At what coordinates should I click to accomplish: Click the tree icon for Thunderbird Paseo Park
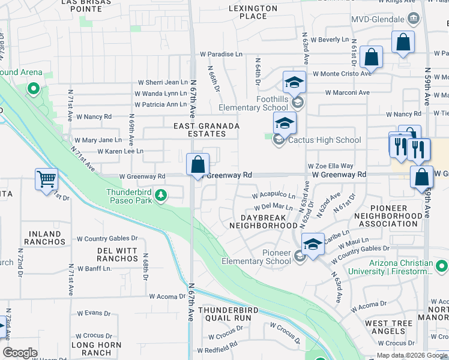161,195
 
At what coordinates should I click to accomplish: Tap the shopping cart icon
46,178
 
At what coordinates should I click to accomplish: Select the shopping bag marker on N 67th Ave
197,164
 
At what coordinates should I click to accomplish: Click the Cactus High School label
324,140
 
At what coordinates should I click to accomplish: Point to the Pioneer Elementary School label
256,257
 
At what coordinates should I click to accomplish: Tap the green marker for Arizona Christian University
442,265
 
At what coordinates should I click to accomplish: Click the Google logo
20,353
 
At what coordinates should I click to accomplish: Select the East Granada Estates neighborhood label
206,130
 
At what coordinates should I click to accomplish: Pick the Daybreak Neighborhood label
261,221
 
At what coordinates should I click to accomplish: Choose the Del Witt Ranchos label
118,254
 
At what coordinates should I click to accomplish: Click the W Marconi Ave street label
348,93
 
